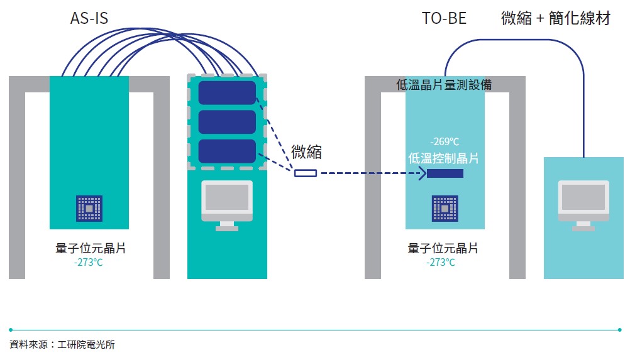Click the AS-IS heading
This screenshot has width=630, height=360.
pos(89,18)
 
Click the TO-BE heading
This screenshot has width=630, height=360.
pos(444,18)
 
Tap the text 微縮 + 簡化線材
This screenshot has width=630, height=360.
pos(556,18)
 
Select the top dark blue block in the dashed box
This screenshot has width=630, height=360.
pos(227,92)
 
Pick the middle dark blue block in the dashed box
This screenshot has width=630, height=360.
pos(227,122)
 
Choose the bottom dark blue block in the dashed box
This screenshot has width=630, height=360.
pos(227,151)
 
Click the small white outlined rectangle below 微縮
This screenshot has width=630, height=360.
pos(306,173)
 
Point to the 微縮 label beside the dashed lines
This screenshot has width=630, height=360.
pos(307,152)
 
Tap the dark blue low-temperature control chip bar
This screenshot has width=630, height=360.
pos(445,173)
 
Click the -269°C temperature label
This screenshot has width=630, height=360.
pos(445,141)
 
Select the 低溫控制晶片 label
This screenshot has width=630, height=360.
pos(443,158)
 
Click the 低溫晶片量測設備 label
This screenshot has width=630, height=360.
pos(444,85)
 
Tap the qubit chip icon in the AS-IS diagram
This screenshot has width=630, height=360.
pos(89,208)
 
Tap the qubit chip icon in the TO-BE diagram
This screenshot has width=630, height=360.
pos(445,208)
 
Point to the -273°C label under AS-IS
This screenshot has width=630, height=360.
pos(88,262)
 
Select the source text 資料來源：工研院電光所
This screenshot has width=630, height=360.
pos(62,344)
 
